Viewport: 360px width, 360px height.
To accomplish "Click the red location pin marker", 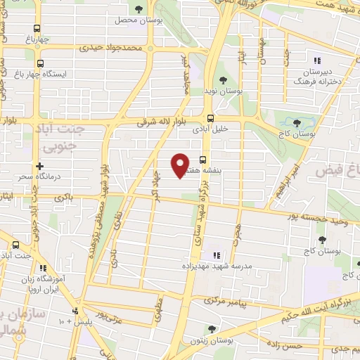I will coord(180,165).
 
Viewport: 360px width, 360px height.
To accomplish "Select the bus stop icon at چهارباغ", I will coord(37,30).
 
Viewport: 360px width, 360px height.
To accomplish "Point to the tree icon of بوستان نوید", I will coord(224,80).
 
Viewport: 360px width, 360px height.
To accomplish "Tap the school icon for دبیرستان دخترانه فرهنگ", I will coord(317,60).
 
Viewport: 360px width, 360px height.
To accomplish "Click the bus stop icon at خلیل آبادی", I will coord(209,118).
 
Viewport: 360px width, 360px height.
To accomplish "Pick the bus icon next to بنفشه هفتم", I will coord(203,159).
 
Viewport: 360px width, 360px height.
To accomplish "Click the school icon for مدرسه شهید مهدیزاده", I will coord(216,255).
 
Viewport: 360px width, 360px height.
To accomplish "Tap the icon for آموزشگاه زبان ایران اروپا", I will coord(42,268).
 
